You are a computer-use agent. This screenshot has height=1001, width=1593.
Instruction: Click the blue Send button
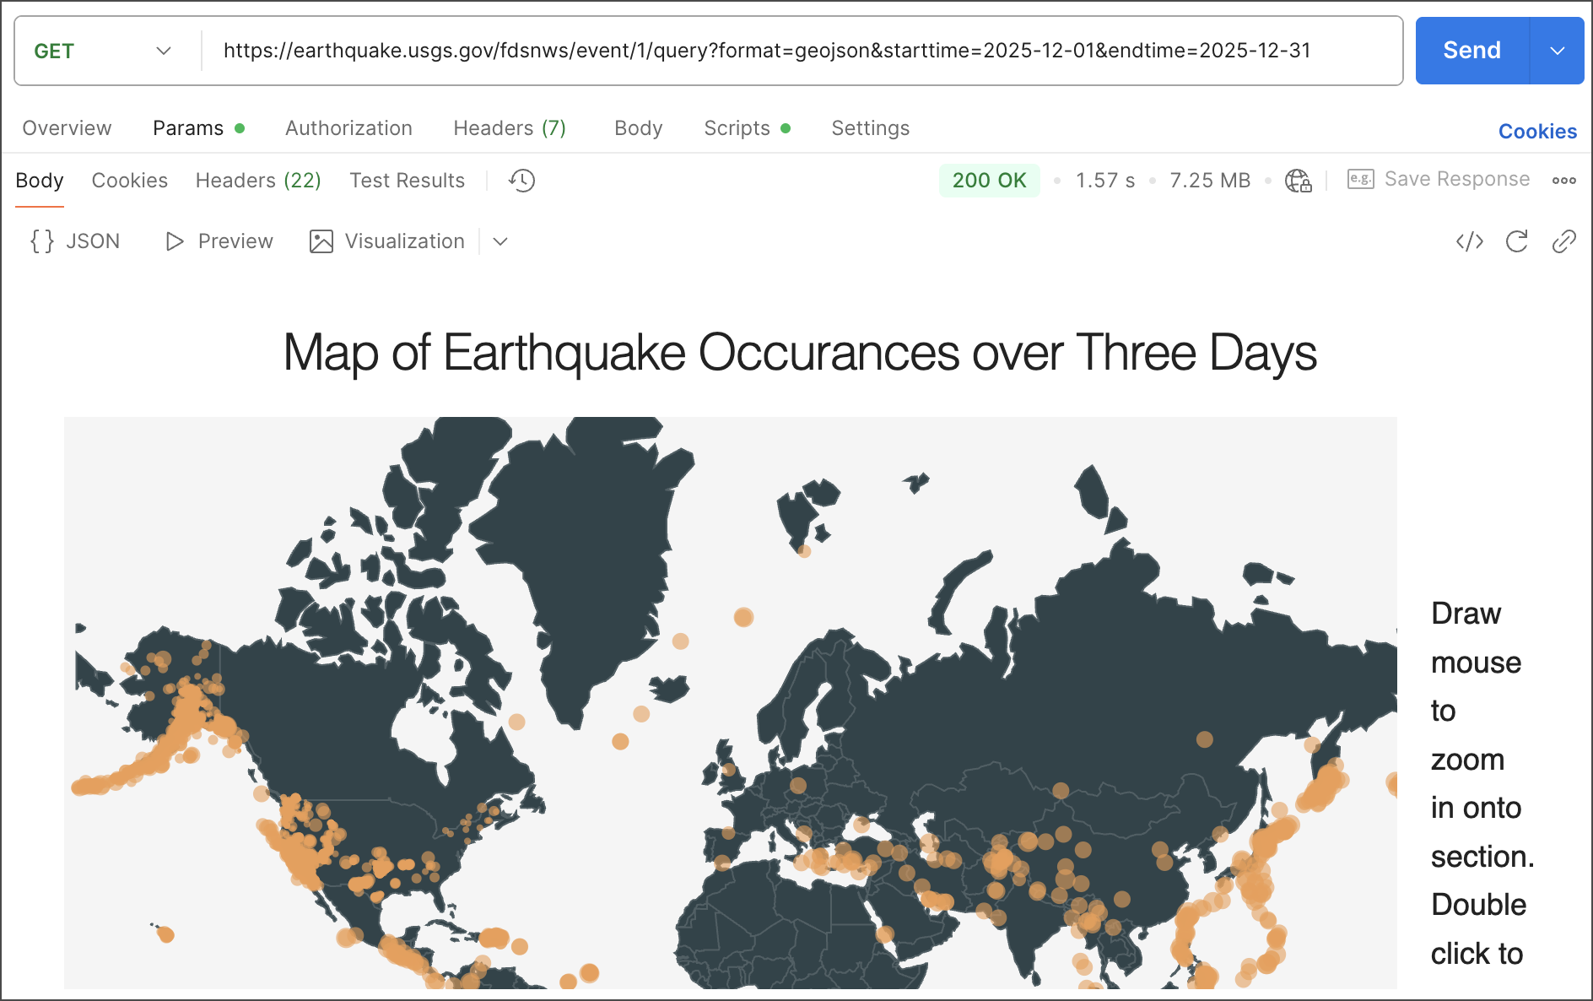tap(1471, 51)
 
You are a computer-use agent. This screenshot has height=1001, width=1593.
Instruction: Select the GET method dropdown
tap(102, 51)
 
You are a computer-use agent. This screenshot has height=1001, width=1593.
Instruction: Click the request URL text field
tap(766, 51)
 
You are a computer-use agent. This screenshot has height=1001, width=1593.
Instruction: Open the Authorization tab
tap(348, 128)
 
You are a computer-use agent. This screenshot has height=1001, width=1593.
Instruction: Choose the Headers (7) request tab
tap(510, 128)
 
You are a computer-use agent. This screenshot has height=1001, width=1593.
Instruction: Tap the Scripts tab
tap(737, 128)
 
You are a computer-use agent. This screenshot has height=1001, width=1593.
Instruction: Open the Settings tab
tap(870, 128)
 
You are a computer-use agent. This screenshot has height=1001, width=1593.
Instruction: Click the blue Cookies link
tap(1537, 132)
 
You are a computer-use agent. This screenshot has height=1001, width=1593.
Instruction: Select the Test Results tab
tap(407, 181)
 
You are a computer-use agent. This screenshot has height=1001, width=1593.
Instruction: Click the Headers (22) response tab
tap(258, 181)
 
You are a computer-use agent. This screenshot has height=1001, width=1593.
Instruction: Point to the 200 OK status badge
tap(989, 181)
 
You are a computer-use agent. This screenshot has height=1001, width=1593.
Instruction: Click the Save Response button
tap(1439, 179)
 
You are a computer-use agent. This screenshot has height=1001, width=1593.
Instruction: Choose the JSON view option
tap(76, 241)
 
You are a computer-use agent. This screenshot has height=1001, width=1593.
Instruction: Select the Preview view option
tap(219, 241)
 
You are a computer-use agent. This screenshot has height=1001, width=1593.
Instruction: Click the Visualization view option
tap(388, 241)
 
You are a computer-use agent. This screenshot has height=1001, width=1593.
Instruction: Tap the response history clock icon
tap(522, 181)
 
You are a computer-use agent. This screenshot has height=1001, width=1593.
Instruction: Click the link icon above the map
tap(1563, 241)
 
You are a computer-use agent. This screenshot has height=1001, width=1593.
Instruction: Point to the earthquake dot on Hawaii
tap(165, 934)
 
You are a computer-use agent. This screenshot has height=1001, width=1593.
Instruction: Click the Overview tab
tap(67, 128)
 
